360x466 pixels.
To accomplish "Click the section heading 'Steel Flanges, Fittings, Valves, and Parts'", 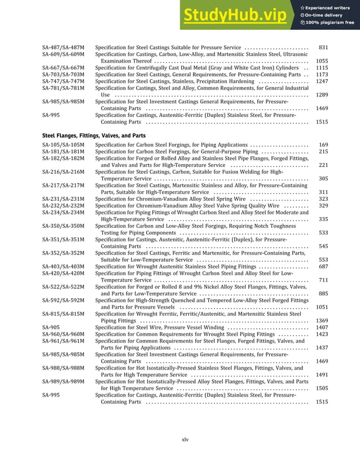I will tap(94, 136).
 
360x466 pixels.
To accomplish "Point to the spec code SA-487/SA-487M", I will tap(63, 47).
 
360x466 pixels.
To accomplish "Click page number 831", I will tap(323, 47).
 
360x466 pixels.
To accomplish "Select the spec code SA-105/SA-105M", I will tap(63, 145).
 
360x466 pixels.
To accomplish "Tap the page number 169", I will tap(323, 145).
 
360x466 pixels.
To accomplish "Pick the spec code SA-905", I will tap(51, 327).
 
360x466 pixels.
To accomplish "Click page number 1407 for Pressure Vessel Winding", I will tap(322, 327).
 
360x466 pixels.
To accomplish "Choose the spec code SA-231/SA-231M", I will tap(63, 199).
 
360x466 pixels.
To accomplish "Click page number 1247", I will tap(322, 81).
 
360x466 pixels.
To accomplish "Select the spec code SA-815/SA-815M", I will tap(63, 314).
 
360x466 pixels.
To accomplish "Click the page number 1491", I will tap(322, 375).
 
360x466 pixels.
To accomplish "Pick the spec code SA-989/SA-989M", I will tap(63, 381).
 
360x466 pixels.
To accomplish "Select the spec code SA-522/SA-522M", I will tap(63, 287).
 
